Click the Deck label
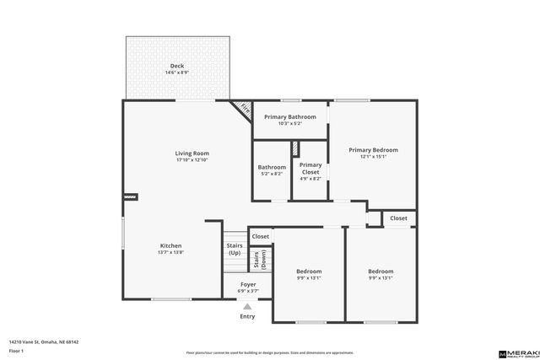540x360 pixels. tap(177, 66)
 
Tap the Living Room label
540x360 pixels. tap(192, 153)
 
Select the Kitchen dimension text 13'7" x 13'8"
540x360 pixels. tap(170, 252)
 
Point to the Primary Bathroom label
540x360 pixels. tap(290, 117)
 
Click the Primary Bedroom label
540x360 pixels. tap(373, 150)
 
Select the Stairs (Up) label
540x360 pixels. tap(234, 250)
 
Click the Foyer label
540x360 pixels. tap(248, 285)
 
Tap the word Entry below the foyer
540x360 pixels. tap(247, 316)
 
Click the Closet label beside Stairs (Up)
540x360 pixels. tap(261, 237)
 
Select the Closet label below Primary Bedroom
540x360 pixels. tap(398, 218)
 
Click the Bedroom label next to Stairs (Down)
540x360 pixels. tap(309, 271)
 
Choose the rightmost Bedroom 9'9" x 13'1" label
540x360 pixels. tap(381, 271)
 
